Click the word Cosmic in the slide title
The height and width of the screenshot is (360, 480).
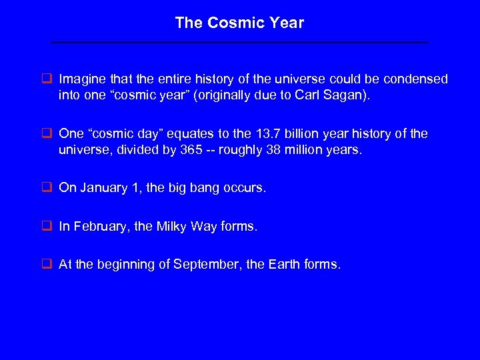click(231, 23)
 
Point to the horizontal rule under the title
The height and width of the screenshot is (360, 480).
click(240, 43)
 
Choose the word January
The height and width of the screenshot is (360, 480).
click(102, 189)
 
